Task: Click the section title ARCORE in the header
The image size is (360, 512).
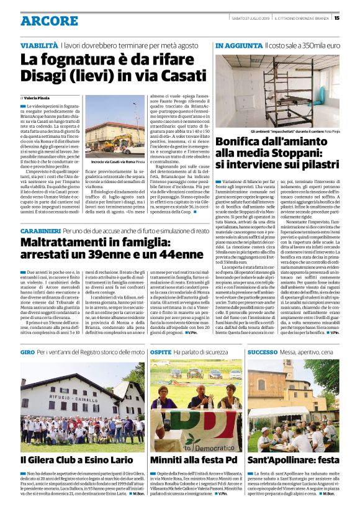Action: click(x=49, y=20)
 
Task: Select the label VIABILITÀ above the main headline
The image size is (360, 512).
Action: click(x=39, y=46)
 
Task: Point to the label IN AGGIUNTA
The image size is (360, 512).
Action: click(x=238, y=46)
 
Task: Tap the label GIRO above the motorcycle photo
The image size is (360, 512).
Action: click(x=27, y=352)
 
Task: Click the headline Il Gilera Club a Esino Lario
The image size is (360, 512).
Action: click(x=76, y=459)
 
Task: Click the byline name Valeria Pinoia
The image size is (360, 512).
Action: click(x=39, y=98)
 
